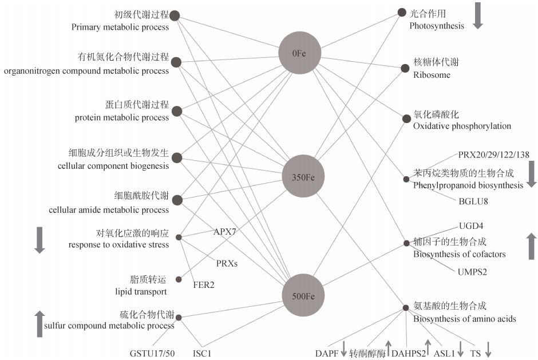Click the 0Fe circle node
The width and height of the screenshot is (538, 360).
click(x=299, y=53)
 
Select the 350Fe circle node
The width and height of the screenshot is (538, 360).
click(x=299, y=177)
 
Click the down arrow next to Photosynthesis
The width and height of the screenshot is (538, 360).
click(x=478, y=15)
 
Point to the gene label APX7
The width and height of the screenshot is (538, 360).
click(x=224, y=232)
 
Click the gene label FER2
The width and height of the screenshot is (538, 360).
click(x=204, y=284)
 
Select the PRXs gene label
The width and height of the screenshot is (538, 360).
click(x=227, y=264)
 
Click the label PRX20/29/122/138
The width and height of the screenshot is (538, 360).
click(x=493, y=155)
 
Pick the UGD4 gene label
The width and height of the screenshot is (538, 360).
click(x=471, y=226)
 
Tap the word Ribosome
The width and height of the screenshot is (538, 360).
click(x=432, y=75)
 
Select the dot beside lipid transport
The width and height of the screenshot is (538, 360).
click(x=179, y=279)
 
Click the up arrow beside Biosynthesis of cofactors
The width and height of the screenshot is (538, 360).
click(x=531, y=246)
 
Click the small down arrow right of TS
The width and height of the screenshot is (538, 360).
click(x=489, y=349)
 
